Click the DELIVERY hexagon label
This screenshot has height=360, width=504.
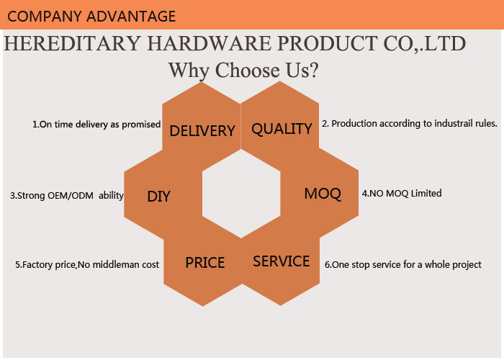click(x=202, y=131)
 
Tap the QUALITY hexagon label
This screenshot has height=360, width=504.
click(x=282, y=129)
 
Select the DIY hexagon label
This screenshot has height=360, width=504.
click(x=158, y=197)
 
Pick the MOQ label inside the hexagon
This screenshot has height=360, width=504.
click(x=323, y=194)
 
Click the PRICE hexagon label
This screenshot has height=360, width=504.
click(x=205, y=263)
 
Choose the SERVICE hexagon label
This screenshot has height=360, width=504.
click(x=282, y=261)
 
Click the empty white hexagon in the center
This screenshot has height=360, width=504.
click(x=241, y=194)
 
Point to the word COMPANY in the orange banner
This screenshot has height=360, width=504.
click(x=44, y=16)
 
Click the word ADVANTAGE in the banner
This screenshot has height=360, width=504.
click(x=131, y=16)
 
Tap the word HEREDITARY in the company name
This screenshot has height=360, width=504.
click(x=72, y=43)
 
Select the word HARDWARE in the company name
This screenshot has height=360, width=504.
click(x=210, y=43)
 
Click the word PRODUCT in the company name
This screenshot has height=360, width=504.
click(x=327, y=43)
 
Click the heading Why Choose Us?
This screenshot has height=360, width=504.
click(x=243, y=71)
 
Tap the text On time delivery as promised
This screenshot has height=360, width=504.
click(x=100, y=125)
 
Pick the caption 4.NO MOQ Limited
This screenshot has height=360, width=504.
click(x=402, y=193)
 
